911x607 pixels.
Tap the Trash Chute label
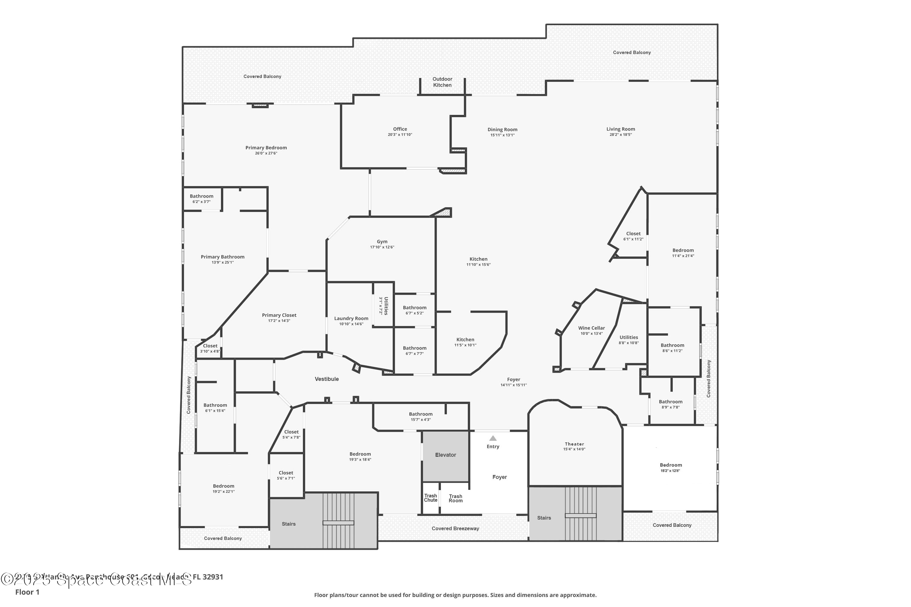click(x=430, y=498)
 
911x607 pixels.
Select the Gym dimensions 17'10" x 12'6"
click(x=382, y=247)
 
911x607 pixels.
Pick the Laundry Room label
click(x=351, y=318)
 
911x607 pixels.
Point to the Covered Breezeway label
click(x=455, y=528)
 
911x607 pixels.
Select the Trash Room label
click(x=455, y=498)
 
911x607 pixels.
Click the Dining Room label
click(x=502, y=130)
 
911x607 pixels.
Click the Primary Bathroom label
click(x=222, y=257)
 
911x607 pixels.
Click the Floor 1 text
click(x=27, y=592)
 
